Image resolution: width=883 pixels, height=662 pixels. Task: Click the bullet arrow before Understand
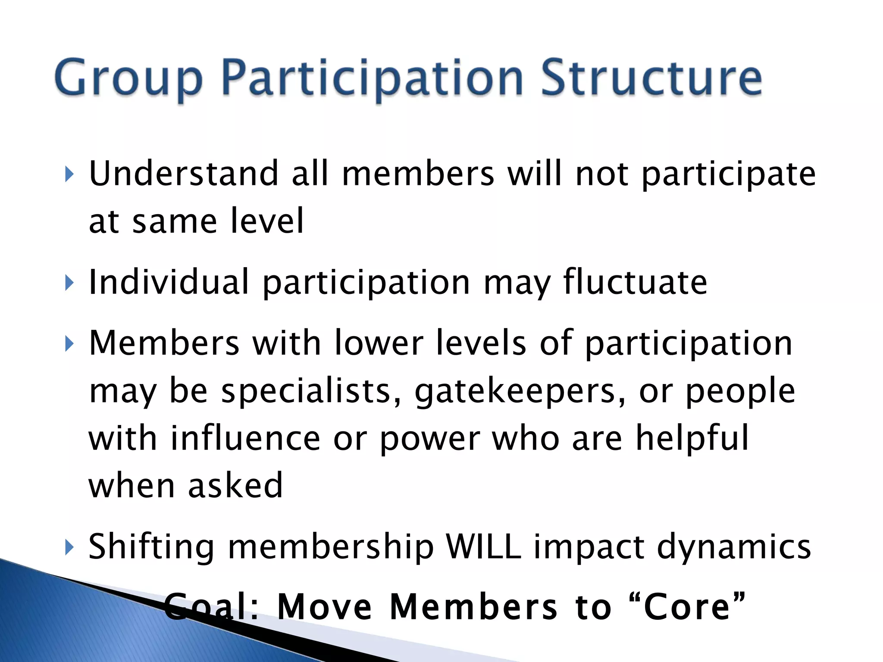pyautogui.click(x=69, y=175)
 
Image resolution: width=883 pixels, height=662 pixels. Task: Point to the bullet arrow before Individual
pyautogui.click(x=69, y=284)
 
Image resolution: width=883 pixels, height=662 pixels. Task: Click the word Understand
pyautogui.click(x=184, y=173)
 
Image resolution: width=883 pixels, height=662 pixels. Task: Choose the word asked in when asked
pyautogui.click(x=235, y=485)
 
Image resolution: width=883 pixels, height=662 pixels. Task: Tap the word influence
pyautogui.click(x=245, y=438)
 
